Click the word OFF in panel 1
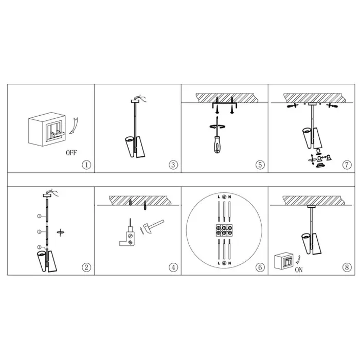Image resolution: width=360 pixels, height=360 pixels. tap(71, 153)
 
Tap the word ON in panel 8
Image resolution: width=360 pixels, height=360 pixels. tap(299, 270)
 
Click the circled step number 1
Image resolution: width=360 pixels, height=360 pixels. tap(86, 165)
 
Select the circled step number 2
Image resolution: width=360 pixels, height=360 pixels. tap(86, 267)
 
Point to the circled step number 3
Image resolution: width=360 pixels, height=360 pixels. tap(173, 165)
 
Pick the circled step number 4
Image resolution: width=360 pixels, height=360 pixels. tap(173, 267)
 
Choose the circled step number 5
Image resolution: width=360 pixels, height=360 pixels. tap(260, 165)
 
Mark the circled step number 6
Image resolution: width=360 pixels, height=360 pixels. tap(260, 267)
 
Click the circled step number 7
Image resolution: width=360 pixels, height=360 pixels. tap(347, 165)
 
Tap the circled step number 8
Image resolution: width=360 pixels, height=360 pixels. tap(347, 267)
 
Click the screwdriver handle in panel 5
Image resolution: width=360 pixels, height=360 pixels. tap(217, 145)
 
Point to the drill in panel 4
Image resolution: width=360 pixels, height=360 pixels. tap(128, 236)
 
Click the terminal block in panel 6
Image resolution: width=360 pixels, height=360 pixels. tap(224, 230)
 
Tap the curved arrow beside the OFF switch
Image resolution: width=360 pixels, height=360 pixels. tap(74, 126)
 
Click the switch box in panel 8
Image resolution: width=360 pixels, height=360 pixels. tap(284, 261)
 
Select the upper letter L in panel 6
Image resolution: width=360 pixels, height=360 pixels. tap(219, 197)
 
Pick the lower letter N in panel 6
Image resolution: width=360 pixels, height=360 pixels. tap(229, 263)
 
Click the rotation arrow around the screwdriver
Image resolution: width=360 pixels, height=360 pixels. tap(217, 127)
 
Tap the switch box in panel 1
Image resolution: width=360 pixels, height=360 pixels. tap(47, 129)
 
